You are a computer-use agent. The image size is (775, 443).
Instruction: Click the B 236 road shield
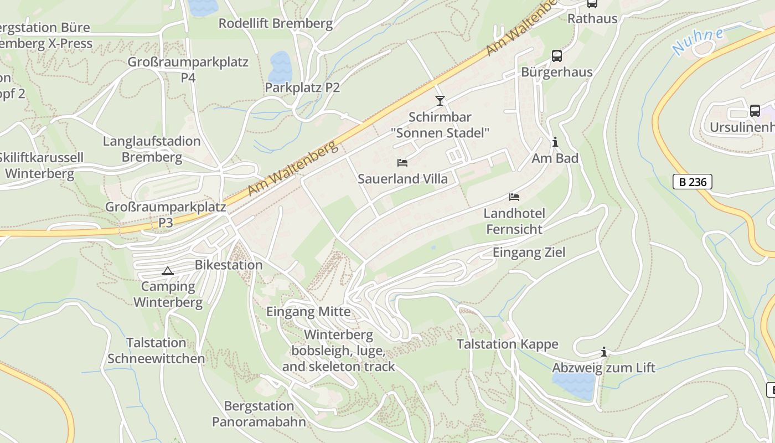[692, 182]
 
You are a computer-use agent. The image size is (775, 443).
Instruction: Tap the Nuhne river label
[698, 42]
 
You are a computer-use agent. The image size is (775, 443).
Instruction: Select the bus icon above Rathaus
[592, 3]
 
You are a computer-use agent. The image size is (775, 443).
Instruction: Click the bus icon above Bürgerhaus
[556, 56]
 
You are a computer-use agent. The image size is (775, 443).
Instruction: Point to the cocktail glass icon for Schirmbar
[440, 100]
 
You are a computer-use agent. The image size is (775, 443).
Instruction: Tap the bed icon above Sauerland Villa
[402, 163]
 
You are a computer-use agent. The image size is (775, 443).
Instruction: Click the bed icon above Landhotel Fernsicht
[514, 197]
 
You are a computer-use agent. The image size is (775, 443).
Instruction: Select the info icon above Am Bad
[555, 142]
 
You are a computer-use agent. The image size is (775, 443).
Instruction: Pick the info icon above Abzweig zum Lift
[603, 352]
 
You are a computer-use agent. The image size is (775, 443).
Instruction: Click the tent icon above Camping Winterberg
[167, 271]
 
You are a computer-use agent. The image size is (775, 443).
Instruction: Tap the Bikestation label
[229, 265]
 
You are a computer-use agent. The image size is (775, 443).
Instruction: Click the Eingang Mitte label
[308, 312]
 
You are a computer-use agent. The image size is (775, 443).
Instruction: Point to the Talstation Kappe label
[507, 344]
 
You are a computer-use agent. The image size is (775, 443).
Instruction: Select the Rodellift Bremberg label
[276, 23]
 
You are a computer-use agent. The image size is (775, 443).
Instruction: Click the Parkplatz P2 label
[302, 87]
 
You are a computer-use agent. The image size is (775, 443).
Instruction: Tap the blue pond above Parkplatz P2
[280, 66]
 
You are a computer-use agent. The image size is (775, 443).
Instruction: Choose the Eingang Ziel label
[529, 253]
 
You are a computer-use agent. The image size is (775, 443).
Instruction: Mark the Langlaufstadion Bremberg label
[152, 149]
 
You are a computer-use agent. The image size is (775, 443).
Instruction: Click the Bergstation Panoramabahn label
[259, 414]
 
